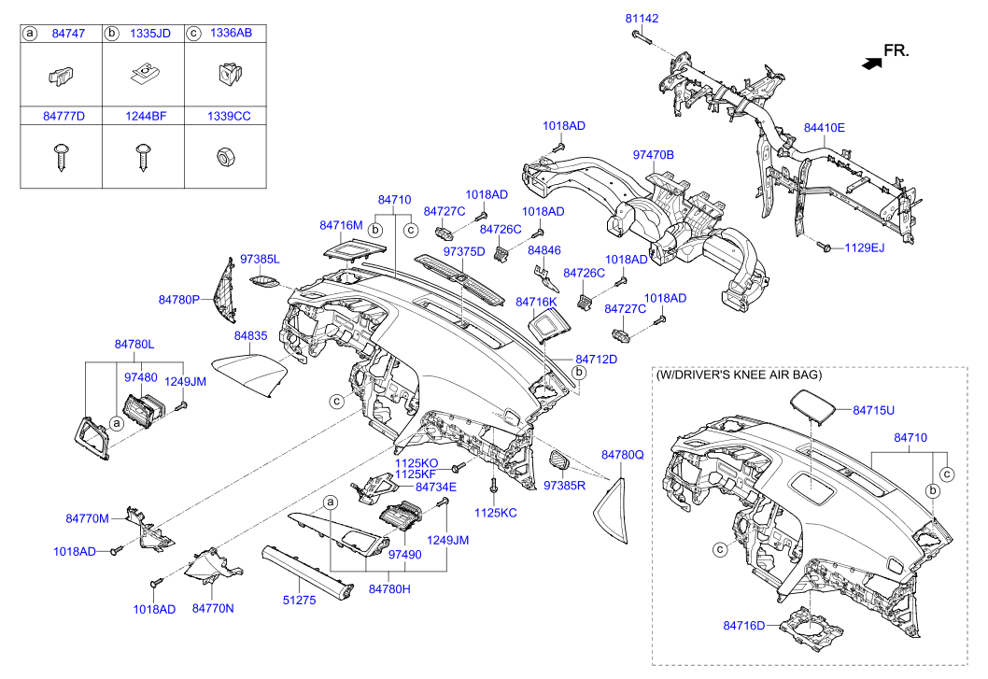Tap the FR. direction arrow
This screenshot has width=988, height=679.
click(x=871, y=64)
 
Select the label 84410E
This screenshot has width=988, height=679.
click(x=825, y=127)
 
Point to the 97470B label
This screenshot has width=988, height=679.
click(x=653, y=153)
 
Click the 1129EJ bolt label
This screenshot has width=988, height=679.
click(x=864, y=248)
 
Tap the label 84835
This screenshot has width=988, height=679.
click(x=251, y=334)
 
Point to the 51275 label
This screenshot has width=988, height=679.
click(x=300, y=601)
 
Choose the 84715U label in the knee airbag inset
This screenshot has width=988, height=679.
click(x=873, y=410)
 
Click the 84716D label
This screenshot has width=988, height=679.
click(x=743, y=625)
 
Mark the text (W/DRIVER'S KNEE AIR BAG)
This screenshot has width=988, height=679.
click(x=740, y=375)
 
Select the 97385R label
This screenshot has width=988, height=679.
click(x=564, y=486)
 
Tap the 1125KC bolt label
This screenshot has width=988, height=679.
click(x=495, y=513)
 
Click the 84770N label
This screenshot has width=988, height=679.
click(x=213, y=608)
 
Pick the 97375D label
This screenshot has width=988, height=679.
click(x=464, y=252)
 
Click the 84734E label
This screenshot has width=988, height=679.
click(x=436, y=487)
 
